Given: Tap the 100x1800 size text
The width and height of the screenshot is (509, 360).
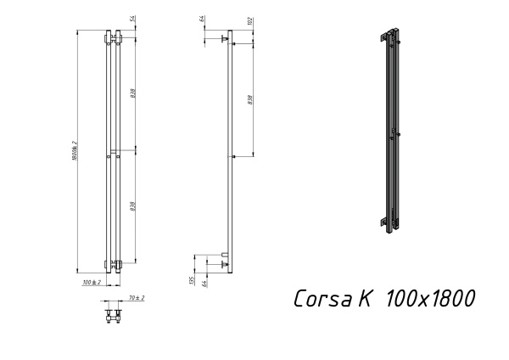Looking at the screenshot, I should [428, 299].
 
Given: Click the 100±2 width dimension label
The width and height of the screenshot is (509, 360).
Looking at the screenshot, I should [91, 281].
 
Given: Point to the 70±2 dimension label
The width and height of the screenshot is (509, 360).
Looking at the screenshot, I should [136, 298].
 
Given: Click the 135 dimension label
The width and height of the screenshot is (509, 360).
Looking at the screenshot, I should [193, 279].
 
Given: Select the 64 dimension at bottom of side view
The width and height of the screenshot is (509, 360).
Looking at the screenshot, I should [206, 281].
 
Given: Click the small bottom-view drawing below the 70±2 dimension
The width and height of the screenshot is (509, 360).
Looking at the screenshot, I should [113, 316].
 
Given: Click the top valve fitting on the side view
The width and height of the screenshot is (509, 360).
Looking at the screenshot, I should [224, 38].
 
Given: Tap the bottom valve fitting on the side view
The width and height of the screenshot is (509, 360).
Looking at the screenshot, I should [223, 262].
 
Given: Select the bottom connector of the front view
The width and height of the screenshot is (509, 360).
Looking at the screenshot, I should [113, 262].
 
